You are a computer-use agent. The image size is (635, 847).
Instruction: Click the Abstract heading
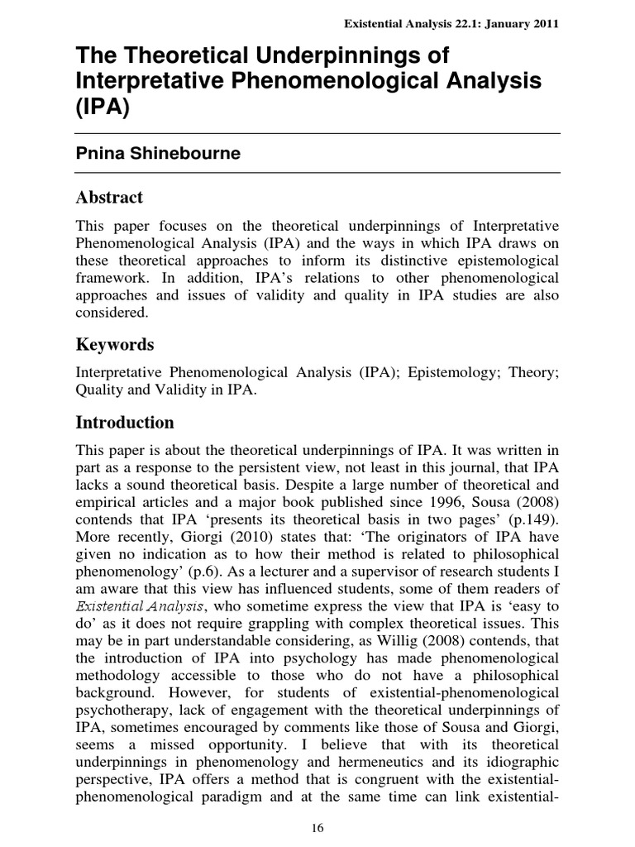coord(109,197)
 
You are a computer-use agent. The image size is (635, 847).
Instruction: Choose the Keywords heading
coord(115,344)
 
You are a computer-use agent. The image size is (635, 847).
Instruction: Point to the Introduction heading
coord(125,423)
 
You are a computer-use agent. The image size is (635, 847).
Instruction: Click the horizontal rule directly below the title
coord(317,133)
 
